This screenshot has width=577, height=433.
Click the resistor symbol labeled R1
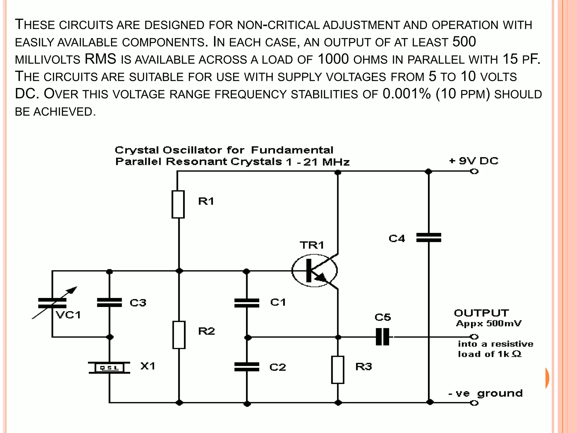point(178,204)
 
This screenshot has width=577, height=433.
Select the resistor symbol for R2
point(179,335)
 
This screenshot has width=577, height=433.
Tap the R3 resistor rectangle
point(338,370)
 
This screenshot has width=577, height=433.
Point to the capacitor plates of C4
point(429,238)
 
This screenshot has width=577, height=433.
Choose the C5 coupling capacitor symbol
point(383,337)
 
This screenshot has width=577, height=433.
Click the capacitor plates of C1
point(247,303)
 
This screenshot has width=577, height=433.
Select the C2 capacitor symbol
point(247,367)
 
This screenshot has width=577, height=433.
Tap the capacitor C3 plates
point(109,302)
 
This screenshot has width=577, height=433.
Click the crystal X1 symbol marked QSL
point(109,368)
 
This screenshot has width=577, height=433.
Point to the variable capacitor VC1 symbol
point(53,303)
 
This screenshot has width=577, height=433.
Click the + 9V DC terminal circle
point(474,171)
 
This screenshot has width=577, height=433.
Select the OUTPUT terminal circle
point(474,337)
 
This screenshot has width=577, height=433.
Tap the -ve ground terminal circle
point(474,403)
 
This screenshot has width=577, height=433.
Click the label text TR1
point(312,245)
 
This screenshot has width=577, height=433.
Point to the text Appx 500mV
point(489,323)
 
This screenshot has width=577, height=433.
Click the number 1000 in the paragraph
point(333,59)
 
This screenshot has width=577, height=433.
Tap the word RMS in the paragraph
point(100,59)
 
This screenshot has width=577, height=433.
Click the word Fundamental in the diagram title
point(292,150)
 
